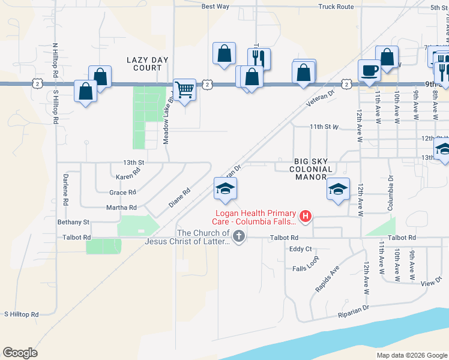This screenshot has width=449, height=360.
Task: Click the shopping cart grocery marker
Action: pos(185,90)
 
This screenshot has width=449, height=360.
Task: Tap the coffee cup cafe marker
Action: pos(369,70)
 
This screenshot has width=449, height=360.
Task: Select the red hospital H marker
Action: pos(306,216)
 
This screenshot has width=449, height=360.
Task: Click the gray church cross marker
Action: pos(239,236)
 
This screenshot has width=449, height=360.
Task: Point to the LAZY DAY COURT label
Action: pos(147,64)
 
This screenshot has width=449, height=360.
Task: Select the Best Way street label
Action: pos(215,7)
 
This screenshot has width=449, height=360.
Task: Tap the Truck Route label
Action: pos(336,7)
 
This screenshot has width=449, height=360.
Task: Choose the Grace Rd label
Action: pos(122,193)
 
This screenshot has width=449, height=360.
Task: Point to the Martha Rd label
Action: pos(121,208)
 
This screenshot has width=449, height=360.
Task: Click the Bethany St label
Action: pos(73,222)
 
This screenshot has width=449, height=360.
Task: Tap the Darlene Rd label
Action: pos(65,187)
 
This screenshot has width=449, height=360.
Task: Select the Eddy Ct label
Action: pos(301,249)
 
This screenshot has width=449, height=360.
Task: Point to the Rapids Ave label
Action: pos(327,279)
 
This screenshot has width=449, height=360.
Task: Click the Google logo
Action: pos(20,352)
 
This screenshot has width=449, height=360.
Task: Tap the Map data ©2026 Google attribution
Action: pos(411,355)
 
